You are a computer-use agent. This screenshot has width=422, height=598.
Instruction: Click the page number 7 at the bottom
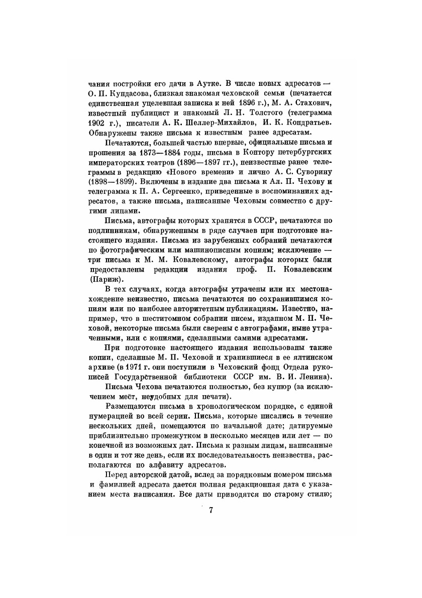click(x=211, y=511)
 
